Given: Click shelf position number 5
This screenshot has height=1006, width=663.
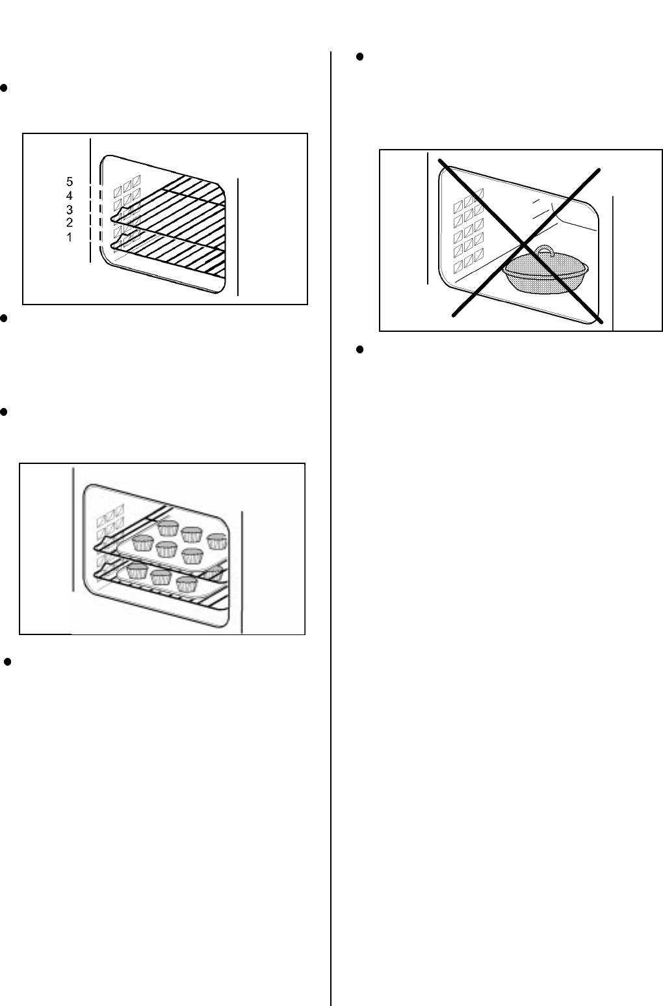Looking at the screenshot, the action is pyautogui.click(x=70, y=182).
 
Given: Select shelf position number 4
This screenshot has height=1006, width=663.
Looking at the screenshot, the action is pyautogui.click(x=70, y=196).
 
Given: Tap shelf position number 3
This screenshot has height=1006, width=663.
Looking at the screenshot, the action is pyautogui.click(x=70, y=210).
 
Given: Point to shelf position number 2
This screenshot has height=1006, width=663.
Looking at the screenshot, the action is pyautogui.click(x=70, y=223).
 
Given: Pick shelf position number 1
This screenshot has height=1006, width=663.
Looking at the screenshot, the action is pyautogui.click(x=70, y=237).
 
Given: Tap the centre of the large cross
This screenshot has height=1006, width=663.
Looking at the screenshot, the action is pyautogui.click(x=523, y=245).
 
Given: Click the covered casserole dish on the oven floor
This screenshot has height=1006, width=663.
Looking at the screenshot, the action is pyautogui.click(x=545, y=269).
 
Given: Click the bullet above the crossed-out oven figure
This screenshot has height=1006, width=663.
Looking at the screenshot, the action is pyautogui.click(x=359, y=57).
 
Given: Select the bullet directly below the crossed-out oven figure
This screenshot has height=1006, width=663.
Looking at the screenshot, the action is pyautogui.click(x=359, y=349).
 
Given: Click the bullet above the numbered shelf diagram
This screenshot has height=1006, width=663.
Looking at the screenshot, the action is pyautogui.click(x=4, y=88).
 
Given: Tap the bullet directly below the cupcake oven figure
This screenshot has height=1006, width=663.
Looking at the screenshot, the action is pyautogui.click(x=7, y=662).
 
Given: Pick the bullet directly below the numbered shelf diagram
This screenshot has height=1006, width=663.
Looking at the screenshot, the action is pyautogui.click(x=4, y=318).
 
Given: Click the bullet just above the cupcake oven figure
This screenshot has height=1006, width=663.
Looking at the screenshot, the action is pyautogui.click(x=4, y=413).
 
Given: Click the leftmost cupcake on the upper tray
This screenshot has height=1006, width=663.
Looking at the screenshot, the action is pyautogui.click(x=143, y=543).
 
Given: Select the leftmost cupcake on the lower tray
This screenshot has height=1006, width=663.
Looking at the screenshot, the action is pyautogui.click(x=137, y=571).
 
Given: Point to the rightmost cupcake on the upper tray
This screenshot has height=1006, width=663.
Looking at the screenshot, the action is pyautogui.click(x=217, y=541).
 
